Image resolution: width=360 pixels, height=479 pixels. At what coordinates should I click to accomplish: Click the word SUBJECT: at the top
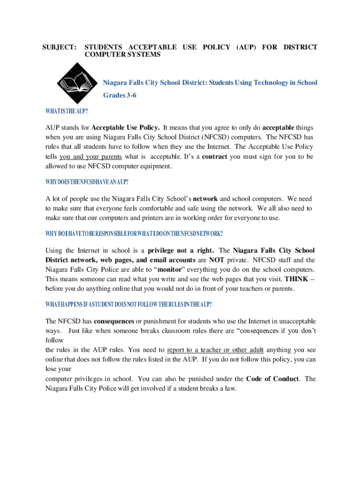pyautogui.click(x=60, y=47)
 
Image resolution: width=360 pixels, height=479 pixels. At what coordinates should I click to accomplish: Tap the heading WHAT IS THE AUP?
pyautogui.click(x=67, y=111)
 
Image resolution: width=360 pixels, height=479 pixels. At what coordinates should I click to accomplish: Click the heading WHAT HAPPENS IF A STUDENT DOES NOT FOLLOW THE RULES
pyautogui.click(x=129, y=305)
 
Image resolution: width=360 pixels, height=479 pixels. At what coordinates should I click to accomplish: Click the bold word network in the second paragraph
pyautogui.click(x=205, y=198)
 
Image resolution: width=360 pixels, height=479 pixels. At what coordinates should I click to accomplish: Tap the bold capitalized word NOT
pyautogui.click(x=216, y=260)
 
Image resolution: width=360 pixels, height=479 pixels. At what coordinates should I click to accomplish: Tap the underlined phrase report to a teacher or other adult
pyautogui.click(x=216, y=350)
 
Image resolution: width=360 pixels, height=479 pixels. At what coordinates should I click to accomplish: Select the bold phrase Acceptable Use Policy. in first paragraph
pyautogui.click(x=126, y=127)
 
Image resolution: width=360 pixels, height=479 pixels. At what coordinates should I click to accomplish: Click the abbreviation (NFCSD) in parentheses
pyautogui.click(x=219, y=137)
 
